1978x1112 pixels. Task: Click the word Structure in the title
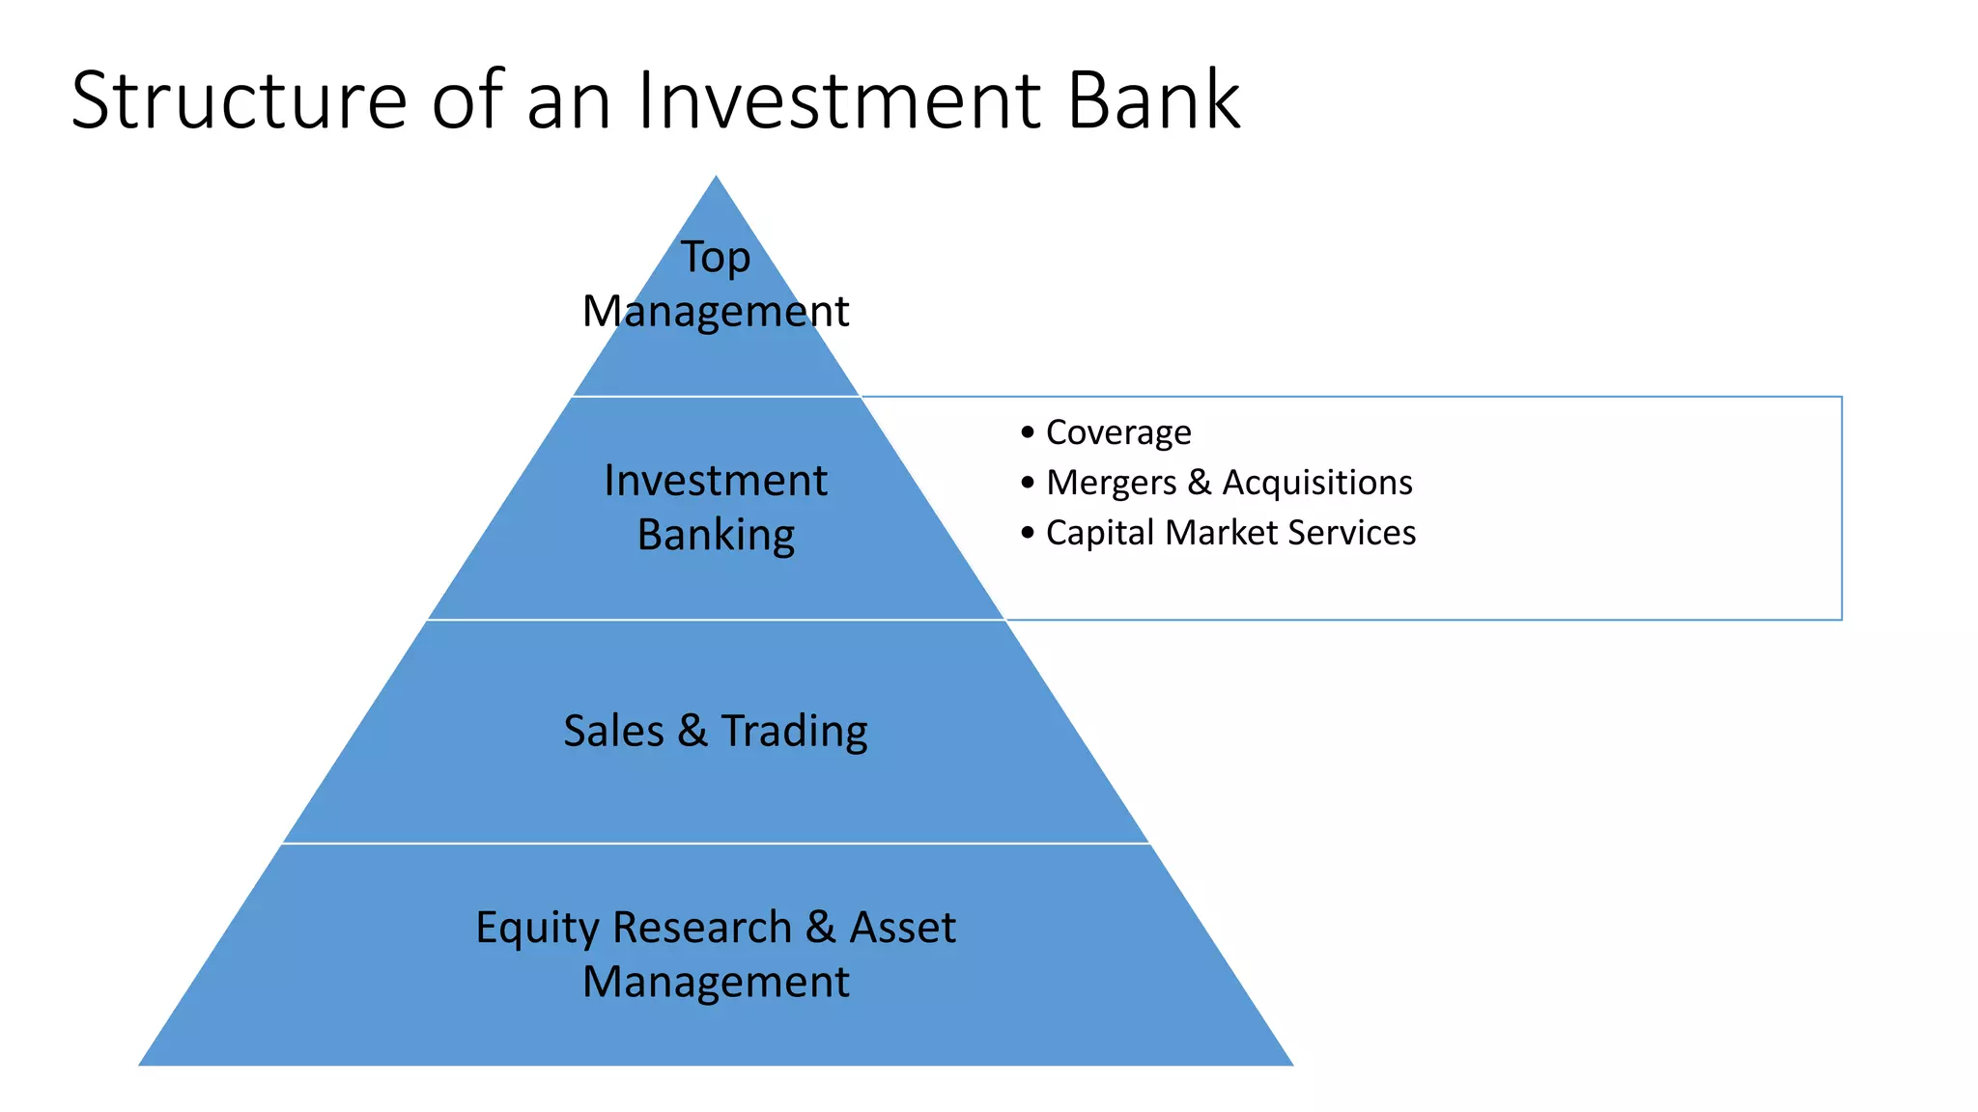(240, 100)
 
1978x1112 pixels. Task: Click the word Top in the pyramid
(716, 258)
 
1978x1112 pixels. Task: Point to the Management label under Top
(716, 312)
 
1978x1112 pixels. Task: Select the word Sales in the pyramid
(613, 731)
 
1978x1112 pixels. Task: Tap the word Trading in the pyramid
(794, 732)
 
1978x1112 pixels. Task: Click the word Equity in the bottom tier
(537, 929)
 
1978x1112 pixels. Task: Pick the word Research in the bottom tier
(702, 928)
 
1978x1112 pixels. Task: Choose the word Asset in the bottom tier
(902, 928)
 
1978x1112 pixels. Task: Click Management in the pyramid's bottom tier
(716, 983)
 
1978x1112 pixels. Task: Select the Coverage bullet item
(1118, 432)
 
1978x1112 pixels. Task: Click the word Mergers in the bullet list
(1111, 483)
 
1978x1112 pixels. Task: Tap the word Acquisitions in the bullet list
(1316, 483)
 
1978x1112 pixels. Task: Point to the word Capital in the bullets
(1100, 533)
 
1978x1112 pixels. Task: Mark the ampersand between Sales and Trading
(692, 731)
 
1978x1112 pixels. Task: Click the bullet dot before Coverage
(1027, 432)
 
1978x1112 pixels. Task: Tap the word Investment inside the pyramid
(716, 481)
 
